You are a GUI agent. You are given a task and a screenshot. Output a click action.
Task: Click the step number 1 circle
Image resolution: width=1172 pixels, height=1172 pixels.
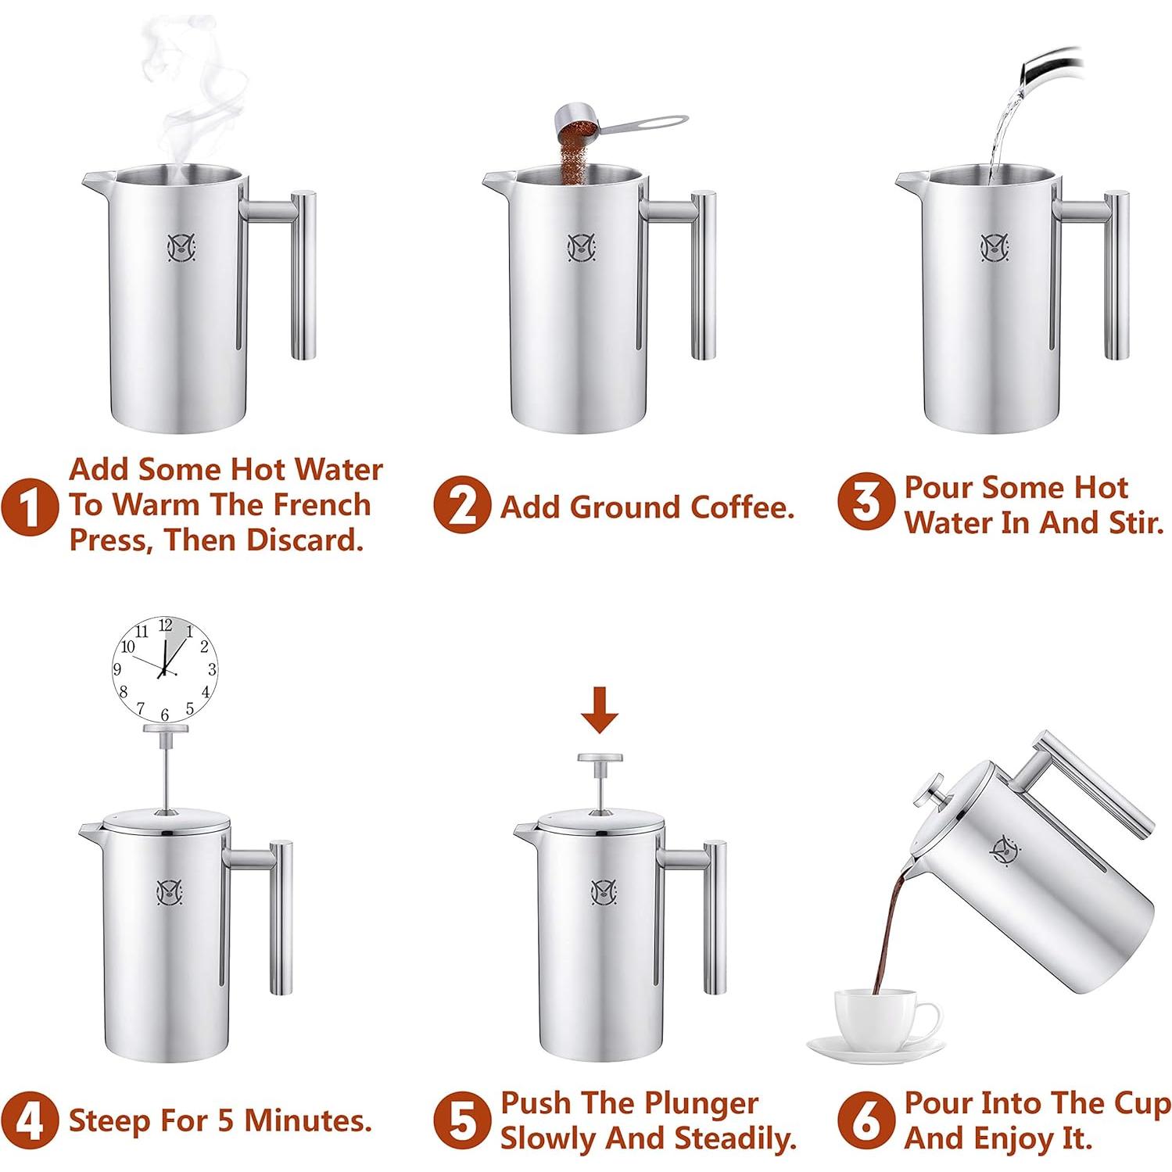click(30, 506)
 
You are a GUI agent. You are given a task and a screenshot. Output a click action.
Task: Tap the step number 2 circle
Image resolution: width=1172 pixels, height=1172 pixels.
click(462, 506)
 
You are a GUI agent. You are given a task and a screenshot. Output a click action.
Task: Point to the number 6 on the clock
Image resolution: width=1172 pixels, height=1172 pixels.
click(164, 715)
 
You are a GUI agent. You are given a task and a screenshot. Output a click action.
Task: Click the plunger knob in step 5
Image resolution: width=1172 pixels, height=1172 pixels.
click(599, 758)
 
